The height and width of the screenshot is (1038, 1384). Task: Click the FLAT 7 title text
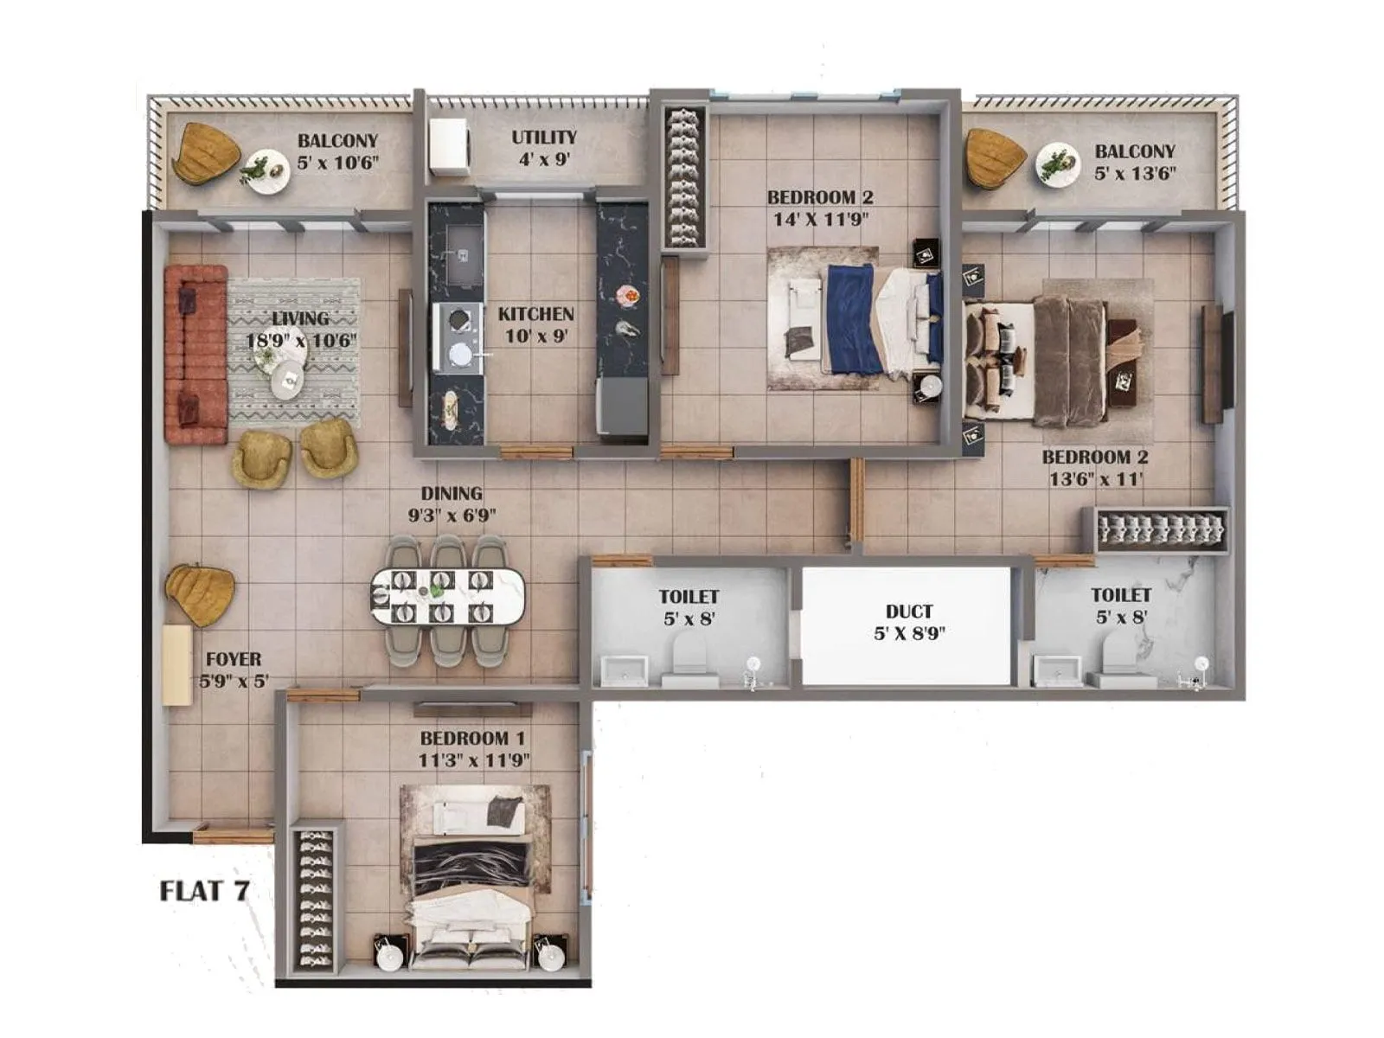point(205,890)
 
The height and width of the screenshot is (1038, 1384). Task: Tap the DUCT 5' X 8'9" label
point(908,623)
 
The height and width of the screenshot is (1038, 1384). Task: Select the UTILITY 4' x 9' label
point(543,148)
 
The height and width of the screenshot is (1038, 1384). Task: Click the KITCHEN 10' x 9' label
point(536,324)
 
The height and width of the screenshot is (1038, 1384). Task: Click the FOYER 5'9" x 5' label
point(234,670)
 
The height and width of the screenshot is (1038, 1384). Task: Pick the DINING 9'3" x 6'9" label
point(452,504)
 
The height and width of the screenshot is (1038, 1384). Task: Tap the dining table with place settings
point(448,597)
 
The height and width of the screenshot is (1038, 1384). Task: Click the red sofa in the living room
point(195,355)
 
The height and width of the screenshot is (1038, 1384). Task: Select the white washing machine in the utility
point(449,147)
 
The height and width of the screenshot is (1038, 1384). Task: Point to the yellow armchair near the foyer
point(201,594)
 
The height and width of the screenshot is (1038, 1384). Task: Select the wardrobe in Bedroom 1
point(315,900)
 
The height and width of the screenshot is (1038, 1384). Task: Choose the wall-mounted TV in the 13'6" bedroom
point(1213,363)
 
